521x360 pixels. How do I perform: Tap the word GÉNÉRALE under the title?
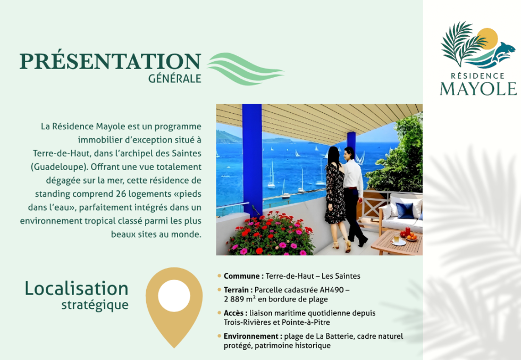(x=175, y=79)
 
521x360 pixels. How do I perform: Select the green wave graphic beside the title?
(x=245, y=69)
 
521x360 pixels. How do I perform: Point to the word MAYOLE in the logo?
(x=478, y=88)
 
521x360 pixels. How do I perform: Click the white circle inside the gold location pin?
(x=174, y=296)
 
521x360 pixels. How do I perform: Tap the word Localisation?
(x=77, y=289)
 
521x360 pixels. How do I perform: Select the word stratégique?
(x=95, y=305)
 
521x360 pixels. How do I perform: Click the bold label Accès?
(x=236, y=313)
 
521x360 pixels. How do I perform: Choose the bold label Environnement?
(x=251, y=337)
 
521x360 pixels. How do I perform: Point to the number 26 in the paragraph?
(x=121, y=194)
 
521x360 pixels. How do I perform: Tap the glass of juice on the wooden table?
(x=397, y=237)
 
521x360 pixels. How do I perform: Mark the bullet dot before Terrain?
(x=219, y=289)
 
